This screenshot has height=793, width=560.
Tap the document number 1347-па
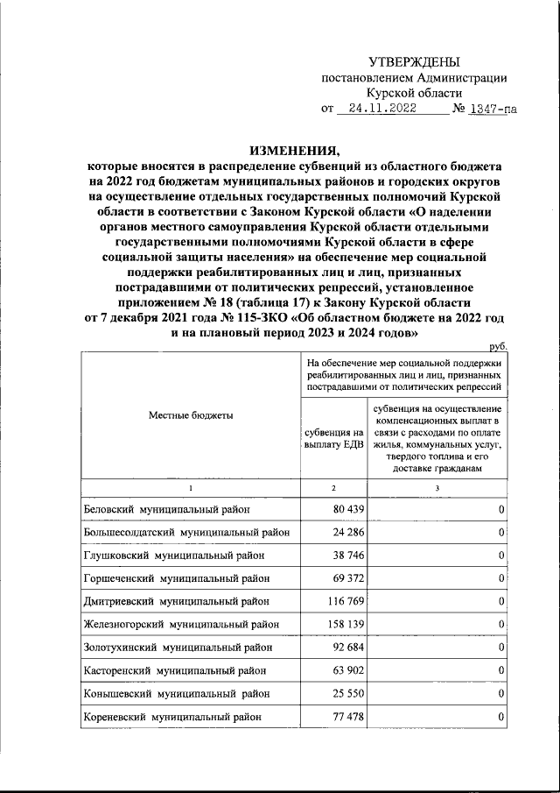(x=493, y=110)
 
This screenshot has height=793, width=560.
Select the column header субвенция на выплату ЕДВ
(x=333, y=439)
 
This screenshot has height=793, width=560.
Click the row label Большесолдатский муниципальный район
(x=186, y=532)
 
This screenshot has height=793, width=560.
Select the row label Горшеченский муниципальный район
(x=177, y=578)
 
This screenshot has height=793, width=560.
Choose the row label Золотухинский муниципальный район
(x=178, y=648)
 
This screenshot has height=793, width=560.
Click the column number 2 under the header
(x=333, y=487)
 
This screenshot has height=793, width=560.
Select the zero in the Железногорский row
(x=500, y=625)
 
